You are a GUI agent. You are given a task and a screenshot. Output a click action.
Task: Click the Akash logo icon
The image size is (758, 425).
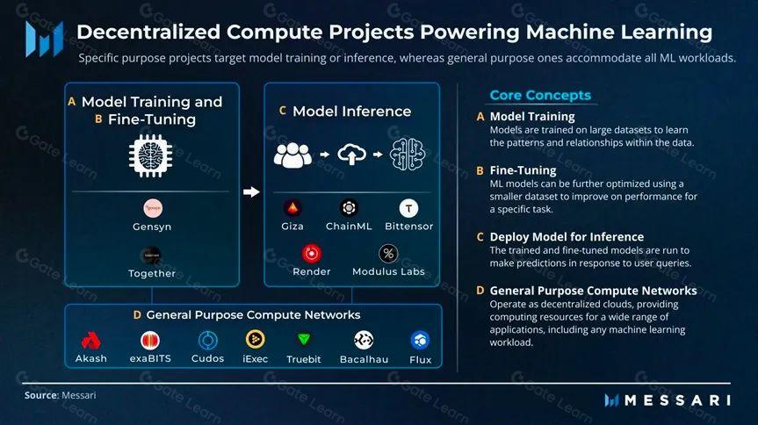tap(91, 341)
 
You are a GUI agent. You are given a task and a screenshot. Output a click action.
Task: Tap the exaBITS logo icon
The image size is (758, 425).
tap(150, 341)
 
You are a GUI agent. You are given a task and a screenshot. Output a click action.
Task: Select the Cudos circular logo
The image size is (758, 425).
tap(208, 341)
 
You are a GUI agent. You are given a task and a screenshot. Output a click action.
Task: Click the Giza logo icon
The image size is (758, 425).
tap(292, 208)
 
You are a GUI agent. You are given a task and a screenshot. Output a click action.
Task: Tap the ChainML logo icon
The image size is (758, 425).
tap(350, 208)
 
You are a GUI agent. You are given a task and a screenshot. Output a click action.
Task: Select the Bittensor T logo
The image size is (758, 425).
tap(408, 208)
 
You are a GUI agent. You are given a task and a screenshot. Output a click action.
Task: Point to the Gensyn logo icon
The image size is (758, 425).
tap(153, 208)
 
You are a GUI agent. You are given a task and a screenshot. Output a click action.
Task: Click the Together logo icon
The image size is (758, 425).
tap(153, 255)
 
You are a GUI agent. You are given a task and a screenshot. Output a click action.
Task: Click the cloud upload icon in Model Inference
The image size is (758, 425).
tap(351, 155)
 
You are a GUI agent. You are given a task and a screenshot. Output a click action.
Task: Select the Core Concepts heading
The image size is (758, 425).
tap(540, 95)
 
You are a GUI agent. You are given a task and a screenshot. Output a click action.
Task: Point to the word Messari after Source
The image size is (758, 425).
tap(78, 396)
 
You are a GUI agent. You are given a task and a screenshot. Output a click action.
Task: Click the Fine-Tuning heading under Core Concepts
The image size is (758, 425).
tap(523, 170)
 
